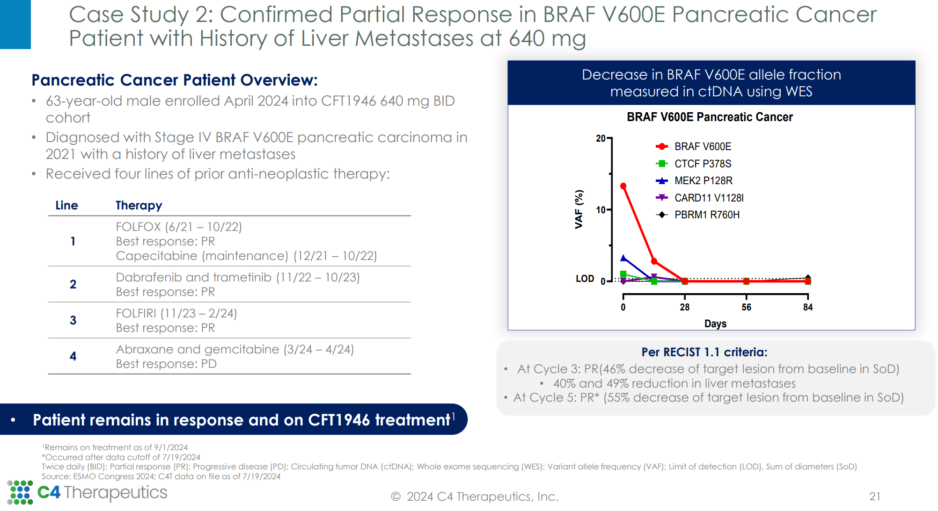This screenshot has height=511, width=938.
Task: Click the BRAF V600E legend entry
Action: (694, 147)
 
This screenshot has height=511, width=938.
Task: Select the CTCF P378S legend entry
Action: (694, 164)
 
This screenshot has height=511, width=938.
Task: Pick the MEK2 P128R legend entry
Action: (694, 180)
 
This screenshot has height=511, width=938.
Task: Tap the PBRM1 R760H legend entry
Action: (698, 215)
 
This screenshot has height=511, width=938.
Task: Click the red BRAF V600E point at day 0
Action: (623, 186)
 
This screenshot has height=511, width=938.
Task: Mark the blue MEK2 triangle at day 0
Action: (623, 258)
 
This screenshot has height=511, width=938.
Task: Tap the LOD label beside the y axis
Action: (585, 279)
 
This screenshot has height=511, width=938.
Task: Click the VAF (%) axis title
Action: (579, 209)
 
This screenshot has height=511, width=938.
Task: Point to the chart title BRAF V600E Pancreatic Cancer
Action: (710, 117)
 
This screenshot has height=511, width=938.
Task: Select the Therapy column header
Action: (139, 205)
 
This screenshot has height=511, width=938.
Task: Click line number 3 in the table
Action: (73, 320)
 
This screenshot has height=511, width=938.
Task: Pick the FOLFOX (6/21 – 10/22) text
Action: (179, 227)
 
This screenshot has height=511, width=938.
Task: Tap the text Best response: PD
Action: (166, 364)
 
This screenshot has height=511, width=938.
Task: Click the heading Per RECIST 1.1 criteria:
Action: (704, 352)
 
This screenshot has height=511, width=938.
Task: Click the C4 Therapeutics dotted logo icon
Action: (20, 492)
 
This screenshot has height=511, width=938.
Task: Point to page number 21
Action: (875, 497)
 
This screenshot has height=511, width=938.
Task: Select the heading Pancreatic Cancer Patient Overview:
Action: (175, 80)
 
